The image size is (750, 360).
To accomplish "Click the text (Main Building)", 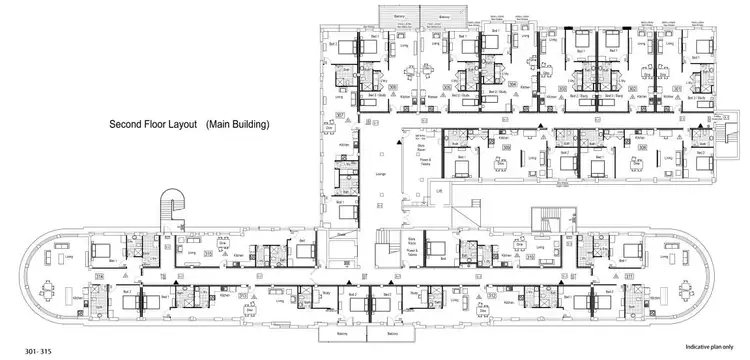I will pos(239,125).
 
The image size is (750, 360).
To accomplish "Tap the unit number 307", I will pos(339,117).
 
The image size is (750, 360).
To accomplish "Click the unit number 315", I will pos(207,254).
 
